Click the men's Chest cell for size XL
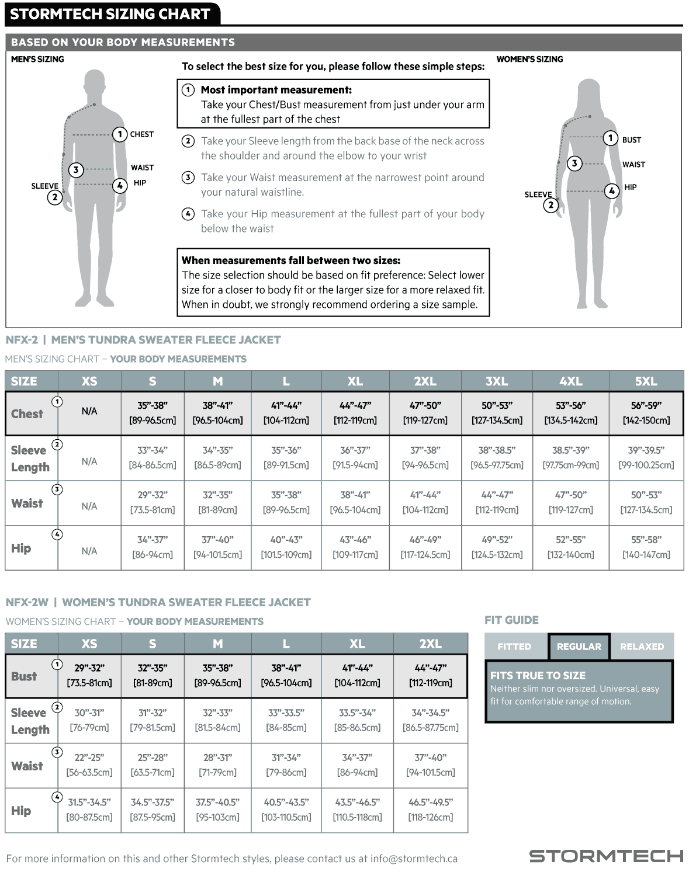coord(355,413)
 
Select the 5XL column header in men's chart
coord(646,381)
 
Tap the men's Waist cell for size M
coord(217,502)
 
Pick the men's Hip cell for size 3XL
coord(497,547)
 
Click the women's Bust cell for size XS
coord(89,676)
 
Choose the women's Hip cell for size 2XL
coord(431,810)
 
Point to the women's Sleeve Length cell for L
coord(286,720)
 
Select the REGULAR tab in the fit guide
coord(579,647)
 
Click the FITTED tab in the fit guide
coord(514,647)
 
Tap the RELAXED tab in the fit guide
coord(642,647)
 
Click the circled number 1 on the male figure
coord(120,134)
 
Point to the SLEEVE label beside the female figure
coord(538,194)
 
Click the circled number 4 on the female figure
coord(612,191)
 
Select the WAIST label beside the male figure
coord(142,168)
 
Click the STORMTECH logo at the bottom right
coord(606,856)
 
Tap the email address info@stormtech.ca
coord(414,859)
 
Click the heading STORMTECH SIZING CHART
coord(110,14)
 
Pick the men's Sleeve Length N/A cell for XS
coord(89,461)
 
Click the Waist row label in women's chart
coord(27,766)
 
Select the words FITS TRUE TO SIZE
coord(538,676)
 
